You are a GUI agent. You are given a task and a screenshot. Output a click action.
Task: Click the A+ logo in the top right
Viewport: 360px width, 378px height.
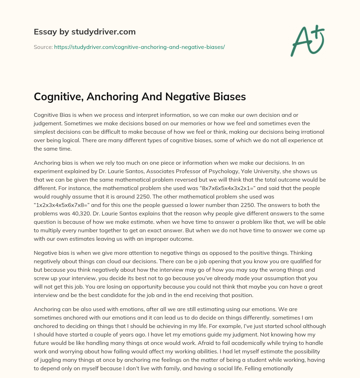(307, 41)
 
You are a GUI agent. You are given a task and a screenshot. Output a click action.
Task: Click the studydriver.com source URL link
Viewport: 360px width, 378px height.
(139, 47)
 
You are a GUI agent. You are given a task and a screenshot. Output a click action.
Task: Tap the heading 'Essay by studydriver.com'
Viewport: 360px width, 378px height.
(84, 32)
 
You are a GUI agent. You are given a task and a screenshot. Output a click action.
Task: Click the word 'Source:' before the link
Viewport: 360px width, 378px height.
(43, 47)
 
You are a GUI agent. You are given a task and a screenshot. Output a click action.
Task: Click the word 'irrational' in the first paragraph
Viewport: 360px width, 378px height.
(311, 132)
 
